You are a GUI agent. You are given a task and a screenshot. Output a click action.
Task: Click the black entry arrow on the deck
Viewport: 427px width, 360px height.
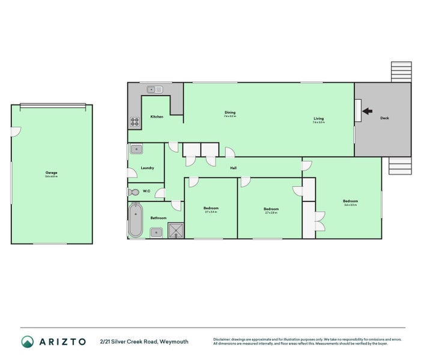[367, 110]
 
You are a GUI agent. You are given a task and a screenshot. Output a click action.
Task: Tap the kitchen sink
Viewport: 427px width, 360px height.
[154, 89]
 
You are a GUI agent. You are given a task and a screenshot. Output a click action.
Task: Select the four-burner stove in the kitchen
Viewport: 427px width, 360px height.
[135, 121]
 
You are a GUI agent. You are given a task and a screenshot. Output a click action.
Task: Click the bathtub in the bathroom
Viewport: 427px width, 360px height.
[136, 220]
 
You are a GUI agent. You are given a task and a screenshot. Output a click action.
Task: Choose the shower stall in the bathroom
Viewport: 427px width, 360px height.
[176, 230]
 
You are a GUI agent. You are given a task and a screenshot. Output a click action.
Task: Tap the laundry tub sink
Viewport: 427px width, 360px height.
[136, 149]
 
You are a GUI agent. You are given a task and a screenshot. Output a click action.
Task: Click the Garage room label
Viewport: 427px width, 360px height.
[51, 172]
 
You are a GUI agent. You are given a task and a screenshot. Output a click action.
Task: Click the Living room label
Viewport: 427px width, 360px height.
[318, 119]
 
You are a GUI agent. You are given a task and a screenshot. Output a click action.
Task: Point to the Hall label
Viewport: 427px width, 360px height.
[233, 168]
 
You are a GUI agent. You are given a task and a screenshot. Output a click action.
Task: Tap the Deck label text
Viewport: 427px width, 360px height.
[384, 118]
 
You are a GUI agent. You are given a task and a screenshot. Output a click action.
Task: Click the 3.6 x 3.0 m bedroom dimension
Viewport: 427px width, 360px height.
[350, 205]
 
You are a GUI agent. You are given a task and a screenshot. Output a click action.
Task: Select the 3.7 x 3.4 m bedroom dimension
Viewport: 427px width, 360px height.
[211, 212]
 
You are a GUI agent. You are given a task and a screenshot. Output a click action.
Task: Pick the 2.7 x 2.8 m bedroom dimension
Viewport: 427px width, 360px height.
[271, 212]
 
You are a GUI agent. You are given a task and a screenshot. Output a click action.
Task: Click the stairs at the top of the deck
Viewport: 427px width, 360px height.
[401, 72]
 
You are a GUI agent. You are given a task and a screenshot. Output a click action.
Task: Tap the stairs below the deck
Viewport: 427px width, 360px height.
[399, 165]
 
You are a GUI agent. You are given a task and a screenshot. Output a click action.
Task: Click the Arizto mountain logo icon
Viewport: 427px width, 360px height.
[28, 341]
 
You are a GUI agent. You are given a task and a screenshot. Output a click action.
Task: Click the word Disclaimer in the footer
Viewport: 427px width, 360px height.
[223, 339]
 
